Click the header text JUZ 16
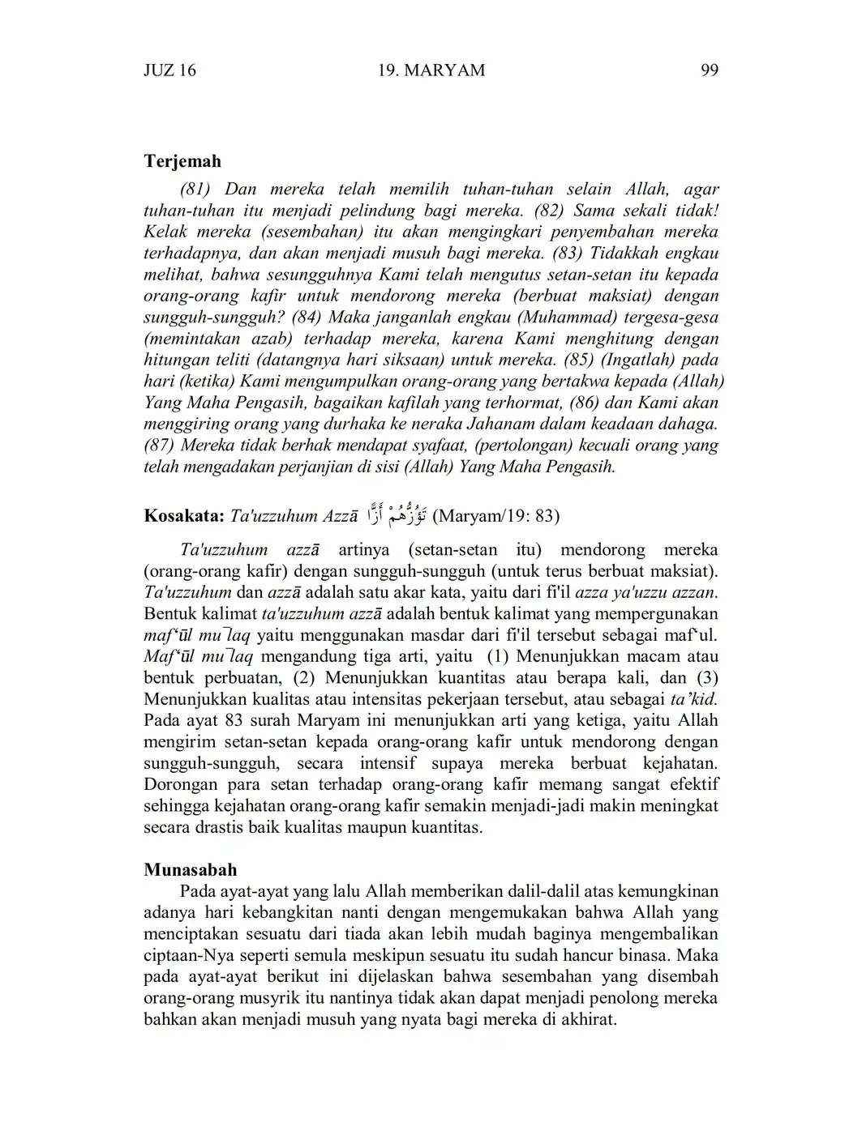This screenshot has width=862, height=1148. [x=169, y=70]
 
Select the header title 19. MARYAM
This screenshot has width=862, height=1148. [x=431, y=70]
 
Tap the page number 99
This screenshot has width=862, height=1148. [x=709, y=70]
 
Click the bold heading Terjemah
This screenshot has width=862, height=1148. [x=182, y=161]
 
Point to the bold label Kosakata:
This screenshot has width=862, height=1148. [x=184, y=516]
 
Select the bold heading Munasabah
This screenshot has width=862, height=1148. [x=191, y=870]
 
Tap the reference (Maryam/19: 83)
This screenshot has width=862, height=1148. [x=496, y=516]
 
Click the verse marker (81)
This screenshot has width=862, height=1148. [x=195, y=190]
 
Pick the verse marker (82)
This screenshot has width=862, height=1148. [x=551, y=211]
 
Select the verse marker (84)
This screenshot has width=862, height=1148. [x=307, y=318]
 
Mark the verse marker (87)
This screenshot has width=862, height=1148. [x=160, y=446]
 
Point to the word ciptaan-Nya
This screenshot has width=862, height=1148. [x=184, y=955]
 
